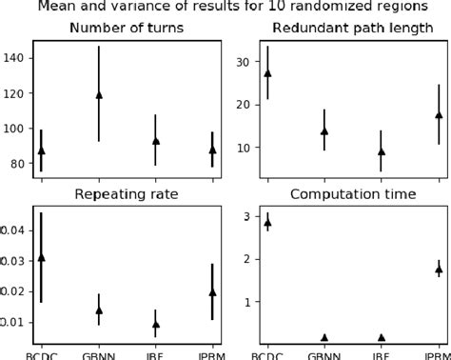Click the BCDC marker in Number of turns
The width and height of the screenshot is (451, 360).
(41, 150)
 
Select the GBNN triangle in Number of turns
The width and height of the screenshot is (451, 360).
(99, 95)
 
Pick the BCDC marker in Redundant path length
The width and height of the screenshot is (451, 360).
(267, 72)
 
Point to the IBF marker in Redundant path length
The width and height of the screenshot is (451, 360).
(382, 150)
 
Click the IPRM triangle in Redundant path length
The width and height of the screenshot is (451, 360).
(439, 115)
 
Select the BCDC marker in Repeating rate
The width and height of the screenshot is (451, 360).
(41, 257)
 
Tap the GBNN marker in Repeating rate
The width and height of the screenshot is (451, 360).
(99, 310)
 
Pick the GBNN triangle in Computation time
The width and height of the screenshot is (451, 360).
(324, 337)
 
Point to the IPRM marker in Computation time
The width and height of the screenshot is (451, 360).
(439, 270)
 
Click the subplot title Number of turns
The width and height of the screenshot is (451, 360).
(127, 27)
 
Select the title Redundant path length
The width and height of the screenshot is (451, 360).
(353, 27)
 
